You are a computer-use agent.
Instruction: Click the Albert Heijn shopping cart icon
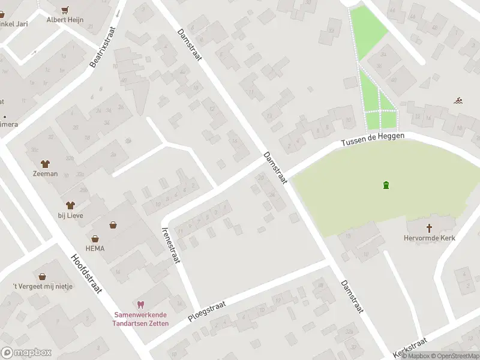pos(65,10)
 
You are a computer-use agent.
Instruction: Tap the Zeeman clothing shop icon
pos(45,163)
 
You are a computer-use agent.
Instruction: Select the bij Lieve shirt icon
pos(70,205)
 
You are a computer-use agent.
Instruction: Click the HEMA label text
pos(95,248)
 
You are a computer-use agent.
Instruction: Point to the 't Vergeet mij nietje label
pos(43,286)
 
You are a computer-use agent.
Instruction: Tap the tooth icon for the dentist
pos(141,305)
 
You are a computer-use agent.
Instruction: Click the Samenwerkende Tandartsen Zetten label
pos(142,319)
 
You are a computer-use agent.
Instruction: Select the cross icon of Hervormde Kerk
pos(429,228)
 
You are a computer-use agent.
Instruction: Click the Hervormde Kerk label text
pos(429,238)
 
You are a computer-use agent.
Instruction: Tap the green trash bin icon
pos(385,185)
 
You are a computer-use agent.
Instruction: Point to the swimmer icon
pos(458,100)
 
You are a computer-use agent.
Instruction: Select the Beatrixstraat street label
pos(103,46)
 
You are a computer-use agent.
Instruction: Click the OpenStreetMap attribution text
pos(455,356)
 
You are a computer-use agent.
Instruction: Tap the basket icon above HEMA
pos(113,226)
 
